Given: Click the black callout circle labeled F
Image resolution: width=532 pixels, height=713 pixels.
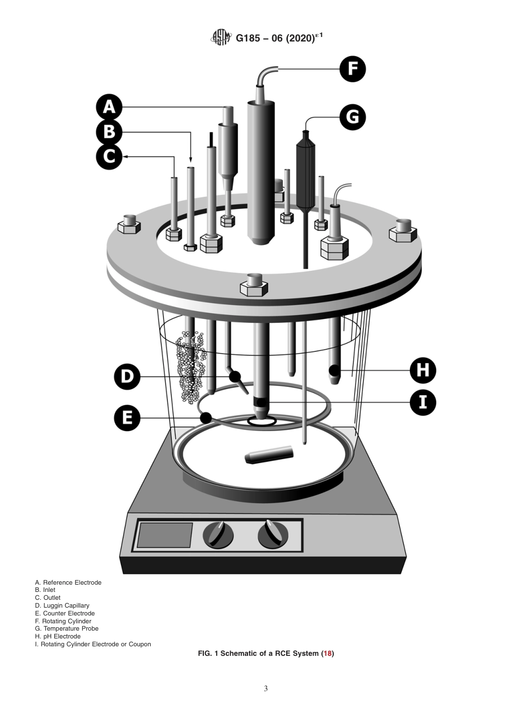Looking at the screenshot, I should pos(353,69).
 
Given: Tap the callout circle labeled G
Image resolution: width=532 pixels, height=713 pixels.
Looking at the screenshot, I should pos(353,118).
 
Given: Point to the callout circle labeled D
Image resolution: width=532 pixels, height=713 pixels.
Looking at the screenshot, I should pos(127,376).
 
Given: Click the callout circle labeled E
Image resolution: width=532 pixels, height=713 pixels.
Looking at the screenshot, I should pos(127,418).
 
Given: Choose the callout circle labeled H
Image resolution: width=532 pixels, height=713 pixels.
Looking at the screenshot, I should pos(423,370).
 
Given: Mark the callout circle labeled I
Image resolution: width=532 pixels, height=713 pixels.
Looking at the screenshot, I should pos(423,403).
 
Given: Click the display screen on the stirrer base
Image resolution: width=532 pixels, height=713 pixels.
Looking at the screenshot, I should pos(165,535).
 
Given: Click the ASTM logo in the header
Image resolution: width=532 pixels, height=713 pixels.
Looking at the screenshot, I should pos(221,38).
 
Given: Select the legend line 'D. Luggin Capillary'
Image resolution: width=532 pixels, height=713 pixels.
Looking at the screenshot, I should pos(62,605).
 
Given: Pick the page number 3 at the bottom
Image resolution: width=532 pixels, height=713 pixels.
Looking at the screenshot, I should pos(265,689).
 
